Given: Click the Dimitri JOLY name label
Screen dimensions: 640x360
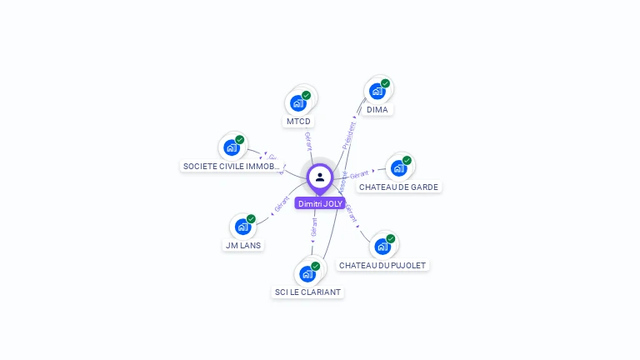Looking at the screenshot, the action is (x=320, y=203).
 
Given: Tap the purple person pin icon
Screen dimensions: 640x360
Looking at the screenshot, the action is (x=320, y=177).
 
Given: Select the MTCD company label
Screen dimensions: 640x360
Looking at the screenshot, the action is (x=298, y=122).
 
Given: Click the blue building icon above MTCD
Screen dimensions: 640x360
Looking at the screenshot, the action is (x=297, y=103).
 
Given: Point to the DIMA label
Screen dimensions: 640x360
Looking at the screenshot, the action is (x=377, y=109).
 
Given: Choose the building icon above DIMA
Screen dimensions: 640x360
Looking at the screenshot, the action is (x=377, y=91).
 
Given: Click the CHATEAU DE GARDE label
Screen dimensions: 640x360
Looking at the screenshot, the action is (x=398, y=187).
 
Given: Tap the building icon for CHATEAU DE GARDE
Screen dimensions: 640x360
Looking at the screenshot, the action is (x=398, y=167).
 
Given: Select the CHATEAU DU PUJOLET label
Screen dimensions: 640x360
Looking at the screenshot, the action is (x=382, y=265).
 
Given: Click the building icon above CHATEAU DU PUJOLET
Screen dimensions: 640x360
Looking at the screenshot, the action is (x=382, y=246).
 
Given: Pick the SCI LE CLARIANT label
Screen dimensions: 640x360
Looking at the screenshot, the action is (x=307, y=292).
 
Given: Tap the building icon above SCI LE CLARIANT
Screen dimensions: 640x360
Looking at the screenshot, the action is (x=307, y=273).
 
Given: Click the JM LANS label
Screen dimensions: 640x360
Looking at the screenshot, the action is (x=243, y=245).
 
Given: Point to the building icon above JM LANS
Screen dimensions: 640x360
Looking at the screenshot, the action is (x=242, y=226).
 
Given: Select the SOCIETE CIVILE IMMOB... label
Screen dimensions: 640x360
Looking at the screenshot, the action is (x=232, y=166).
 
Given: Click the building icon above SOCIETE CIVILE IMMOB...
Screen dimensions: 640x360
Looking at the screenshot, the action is (x=232, y=147).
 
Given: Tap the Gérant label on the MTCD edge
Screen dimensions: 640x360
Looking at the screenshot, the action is (x=307, y=141).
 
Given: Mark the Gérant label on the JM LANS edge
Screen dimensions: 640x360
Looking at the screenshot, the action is (x=282, y=204).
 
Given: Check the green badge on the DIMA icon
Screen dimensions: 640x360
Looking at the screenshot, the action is (x=385, y=83).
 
